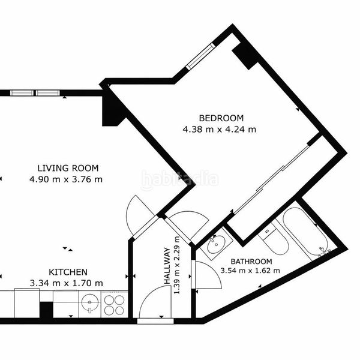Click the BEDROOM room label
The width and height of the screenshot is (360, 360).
[221, 118]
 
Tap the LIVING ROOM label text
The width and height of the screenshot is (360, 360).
[68, 168]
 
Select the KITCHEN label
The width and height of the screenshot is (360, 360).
[68, 272]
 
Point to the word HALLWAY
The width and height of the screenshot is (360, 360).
[167, 266]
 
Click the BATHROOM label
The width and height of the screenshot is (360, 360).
[251, 262]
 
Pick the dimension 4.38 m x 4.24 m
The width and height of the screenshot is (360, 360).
[220, 130]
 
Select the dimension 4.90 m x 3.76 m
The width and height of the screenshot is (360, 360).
[66, 179]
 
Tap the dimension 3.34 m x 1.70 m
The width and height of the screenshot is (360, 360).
[67, 283]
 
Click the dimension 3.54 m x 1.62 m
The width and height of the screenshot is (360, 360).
[250, 271]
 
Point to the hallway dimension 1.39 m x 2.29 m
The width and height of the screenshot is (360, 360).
[176, 265]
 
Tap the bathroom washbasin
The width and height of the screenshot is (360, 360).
[217, 244]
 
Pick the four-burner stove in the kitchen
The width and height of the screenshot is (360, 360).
[114, 305]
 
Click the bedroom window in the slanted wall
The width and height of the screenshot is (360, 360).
[200, 56]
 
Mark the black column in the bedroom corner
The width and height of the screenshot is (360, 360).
[245, 56]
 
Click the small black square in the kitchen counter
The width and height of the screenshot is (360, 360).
[47, 310]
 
